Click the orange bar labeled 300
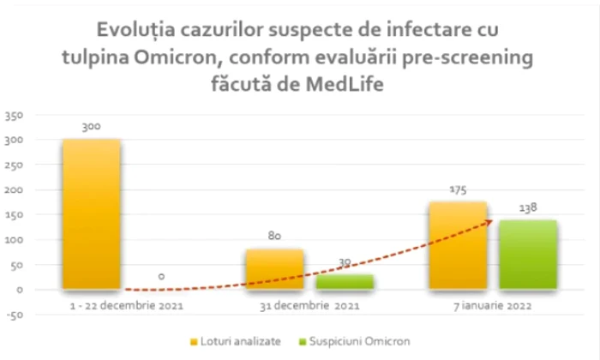(x=91, y=214)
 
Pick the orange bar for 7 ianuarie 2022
(x=457, y=246)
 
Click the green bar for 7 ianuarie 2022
(x=527, y=255)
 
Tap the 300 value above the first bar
(x=91, y=127)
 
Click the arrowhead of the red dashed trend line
(x=490, y=221)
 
